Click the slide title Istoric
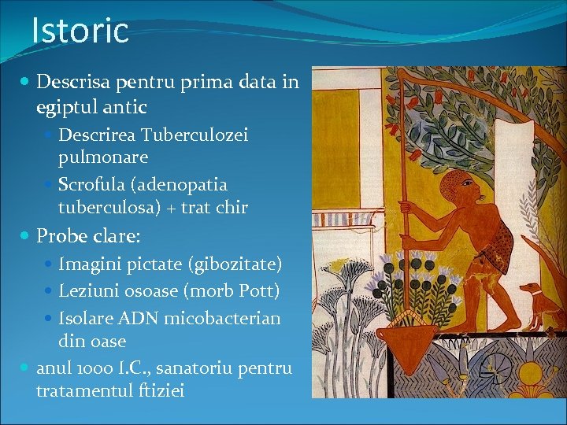80,31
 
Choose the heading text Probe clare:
89,235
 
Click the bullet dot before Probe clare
27,235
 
